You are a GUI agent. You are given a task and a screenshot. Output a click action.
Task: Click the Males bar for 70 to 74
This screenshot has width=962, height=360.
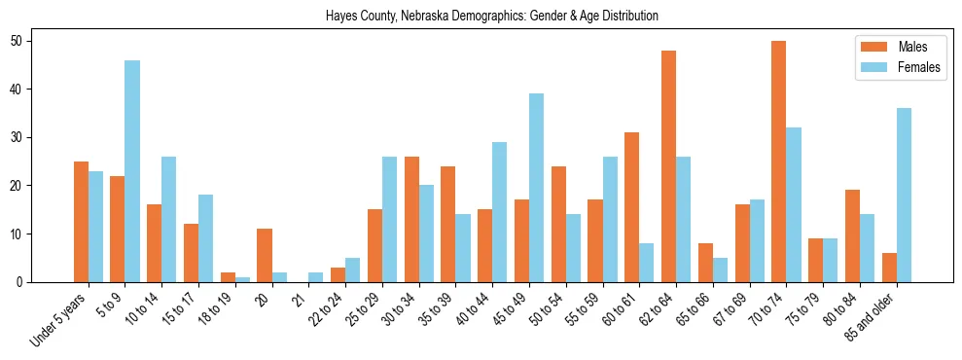[779, 162]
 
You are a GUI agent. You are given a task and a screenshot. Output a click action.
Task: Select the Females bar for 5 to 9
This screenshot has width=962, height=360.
[132, 171]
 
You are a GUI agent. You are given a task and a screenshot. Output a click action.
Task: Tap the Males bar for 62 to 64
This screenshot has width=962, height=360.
[668, 166]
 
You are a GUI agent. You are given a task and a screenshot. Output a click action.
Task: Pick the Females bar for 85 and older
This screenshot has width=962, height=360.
[904, 195]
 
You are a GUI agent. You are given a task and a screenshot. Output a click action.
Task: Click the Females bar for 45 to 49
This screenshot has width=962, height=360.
[536, 188]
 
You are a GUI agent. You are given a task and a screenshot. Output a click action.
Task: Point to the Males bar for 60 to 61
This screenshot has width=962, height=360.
[631, 207]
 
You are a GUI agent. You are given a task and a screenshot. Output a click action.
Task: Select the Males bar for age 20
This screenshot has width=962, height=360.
[265, 255]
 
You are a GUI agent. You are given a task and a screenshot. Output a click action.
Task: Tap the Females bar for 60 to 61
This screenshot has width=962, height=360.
[646, 263]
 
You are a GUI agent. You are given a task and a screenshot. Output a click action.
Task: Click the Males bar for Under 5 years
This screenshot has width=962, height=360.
[81, 222]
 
